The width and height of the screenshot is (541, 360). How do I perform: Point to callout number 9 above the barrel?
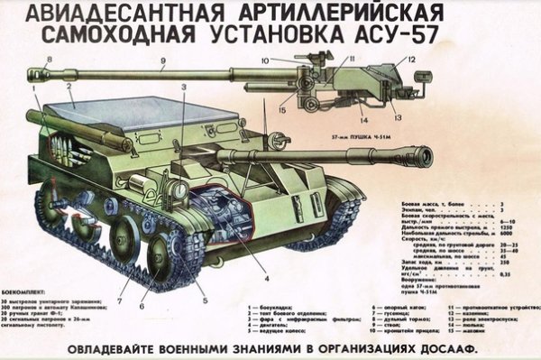[163, 62]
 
